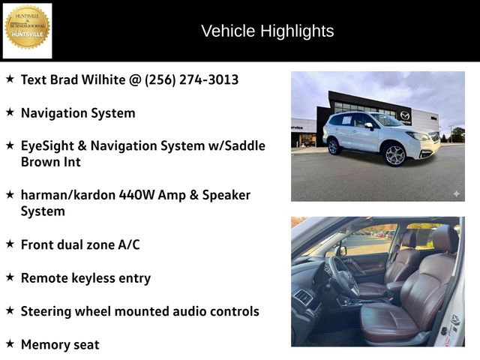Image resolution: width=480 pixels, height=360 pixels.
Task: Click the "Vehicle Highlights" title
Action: coord(267,31)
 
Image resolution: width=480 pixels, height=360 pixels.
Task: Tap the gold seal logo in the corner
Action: coord(27,28)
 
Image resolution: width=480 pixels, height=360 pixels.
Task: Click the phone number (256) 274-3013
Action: coord(191,79)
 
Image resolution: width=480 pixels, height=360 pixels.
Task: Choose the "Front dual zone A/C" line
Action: coord(80,244)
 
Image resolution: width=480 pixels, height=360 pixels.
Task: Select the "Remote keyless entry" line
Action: coord(85,277)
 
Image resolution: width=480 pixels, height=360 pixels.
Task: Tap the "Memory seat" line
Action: coord(60,344)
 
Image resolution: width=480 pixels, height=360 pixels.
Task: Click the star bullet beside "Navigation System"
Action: coord(10,112)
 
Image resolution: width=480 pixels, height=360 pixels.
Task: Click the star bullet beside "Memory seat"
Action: coord(10,343)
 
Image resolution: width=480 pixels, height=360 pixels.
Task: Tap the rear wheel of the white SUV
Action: coord(332,145)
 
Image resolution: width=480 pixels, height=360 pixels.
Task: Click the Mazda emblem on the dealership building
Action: coord(405,115)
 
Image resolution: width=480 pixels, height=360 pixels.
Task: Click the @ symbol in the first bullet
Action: coord(135,79)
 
